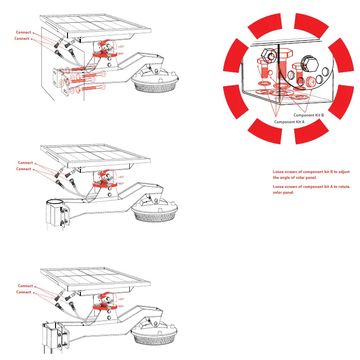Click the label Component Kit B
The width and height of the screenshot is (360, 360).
(309, 116)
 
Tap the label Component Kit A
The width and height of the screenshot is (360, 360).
(289, 122)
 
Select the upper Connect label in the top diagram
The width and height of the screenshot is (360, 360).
(23, 33)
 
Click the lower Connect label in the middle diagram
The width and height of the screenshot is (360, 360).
(23, 169)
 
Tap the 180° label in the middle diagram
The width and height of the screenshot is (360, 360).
(121, 184)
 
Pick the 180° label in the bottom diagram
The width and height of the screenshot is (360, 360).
(121, 306)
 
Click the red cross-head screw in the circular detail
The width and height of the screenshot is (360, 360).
(312, 81)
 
